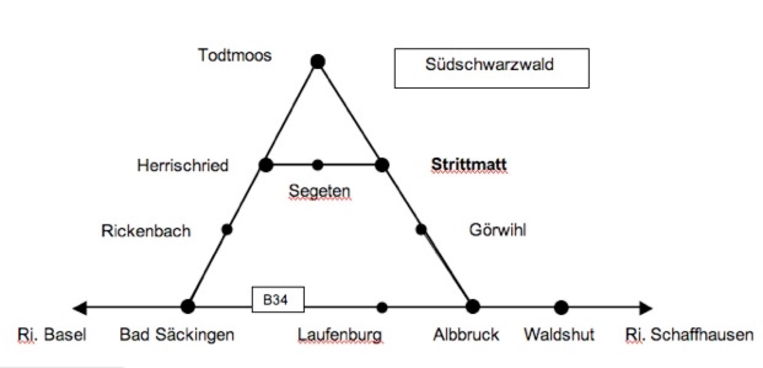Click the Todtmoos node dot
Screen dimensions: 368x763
[318, 61]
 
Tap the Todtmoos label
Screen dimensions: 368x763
[235, 55]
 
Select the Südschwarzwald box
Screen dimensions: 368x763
[491, 68]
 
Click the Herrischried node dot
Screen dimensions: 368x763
[266, 165]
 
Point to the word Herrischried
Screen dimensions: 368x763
[183, 166]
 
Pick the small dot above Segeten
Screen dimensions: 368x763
[317, 165]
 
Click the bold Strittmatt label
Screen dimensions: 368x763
[469, 164]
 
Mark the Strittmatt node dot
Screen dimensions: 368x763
[382, 165]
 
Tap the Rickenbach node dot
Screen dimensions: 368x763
[227, 230]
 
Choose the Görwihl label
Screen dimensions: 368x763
[497, 230]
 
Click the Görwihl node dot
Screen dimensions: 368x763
[421, 230]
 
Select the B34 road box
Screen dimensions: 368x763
[278, 299]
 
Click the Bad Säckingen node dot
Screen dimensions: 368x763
[188, 307]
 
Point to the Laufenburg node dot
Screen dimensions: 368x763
[382, 307]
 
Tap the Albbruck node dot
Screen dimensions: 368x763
[473, 307]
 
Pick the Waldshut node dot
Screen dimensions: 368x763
[561, 307]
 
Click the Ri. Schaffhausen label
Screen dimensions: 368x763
[689, 335]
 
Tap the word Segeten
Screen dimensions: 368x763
[319, 191]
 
